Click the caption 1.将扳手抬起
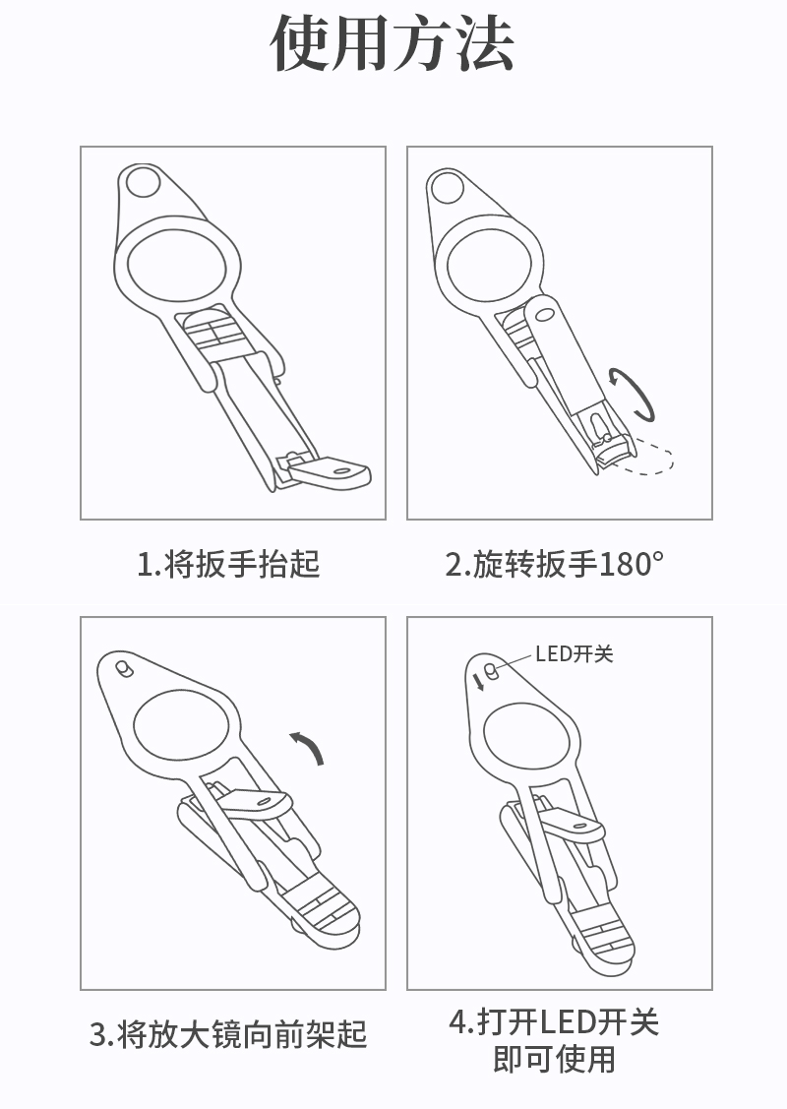228,565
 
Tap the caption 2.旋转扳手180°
555,565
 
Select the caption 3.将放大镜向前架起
228,1034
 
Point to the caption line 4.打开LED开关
555,1022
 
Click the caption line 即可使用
555,1059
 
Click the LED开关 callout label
575,653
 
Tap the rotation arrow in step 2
635,394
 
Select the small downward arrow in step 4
479,682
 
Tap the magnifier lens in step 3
182,728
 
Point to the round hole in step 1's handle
143,182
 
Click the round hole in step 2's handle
447,187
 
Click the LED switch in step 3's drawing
124,668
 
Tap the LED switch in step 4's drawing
492,670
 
